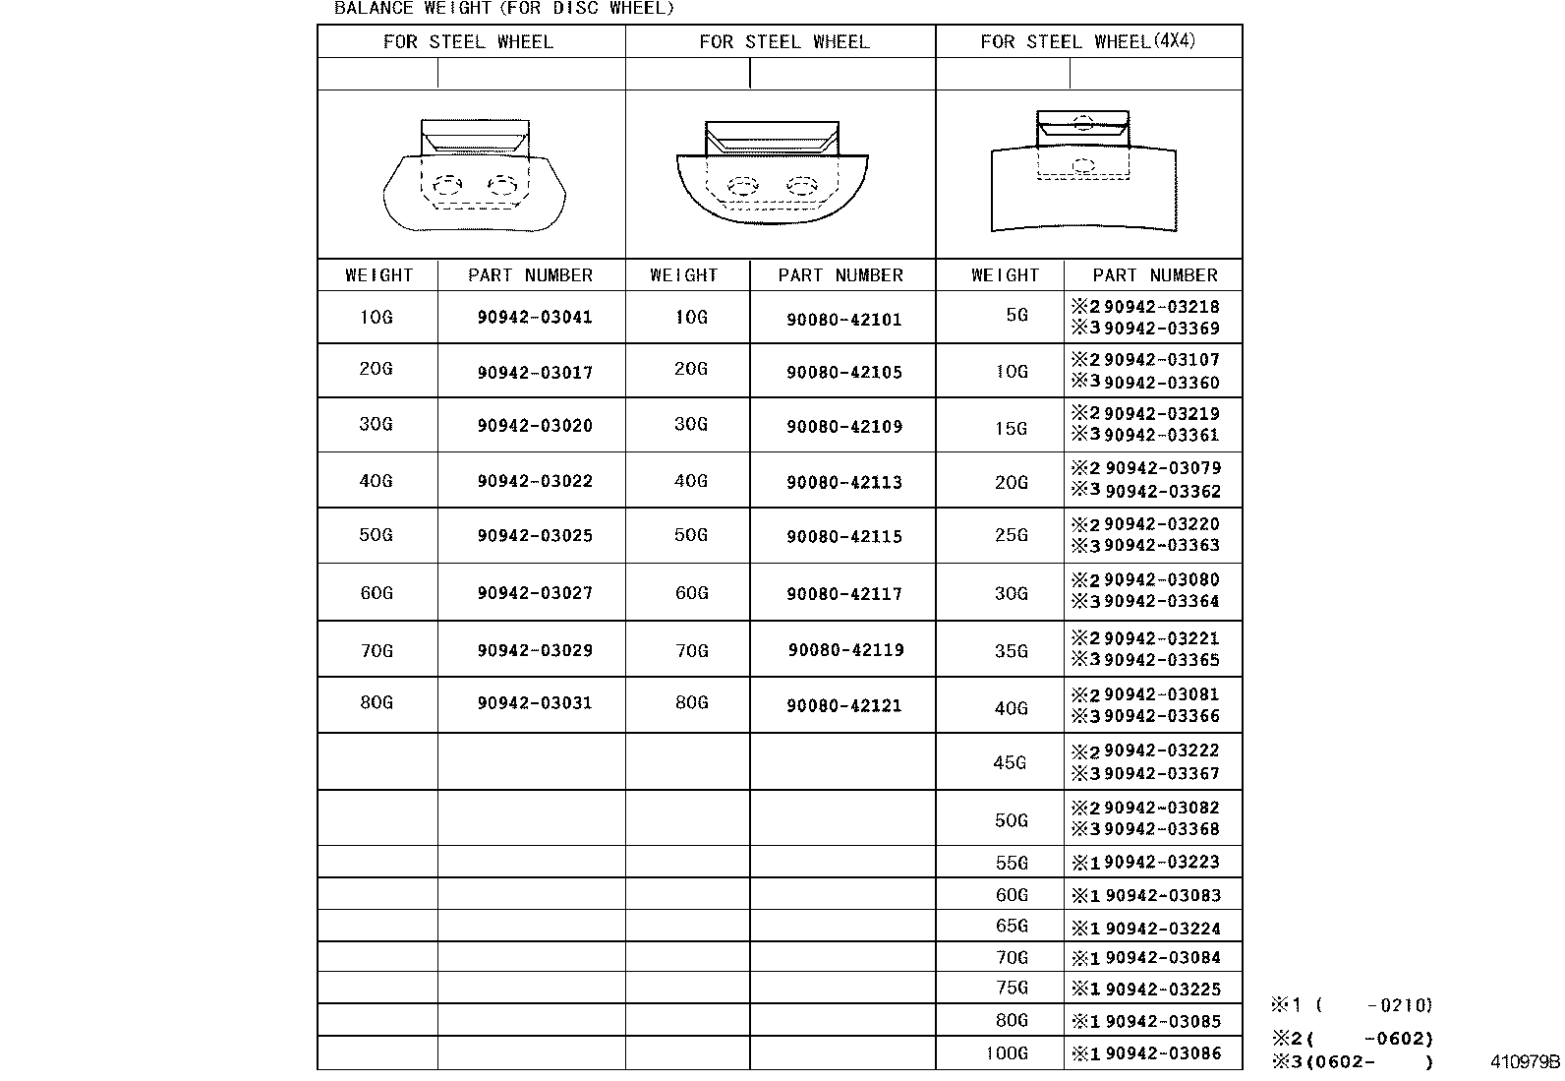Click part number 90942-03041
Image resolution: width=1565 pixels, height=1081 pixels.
535,318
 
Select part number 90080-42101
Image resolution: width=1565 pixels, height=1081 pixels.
843,320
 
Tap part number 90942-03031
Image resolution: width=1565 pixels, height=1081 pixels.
535,703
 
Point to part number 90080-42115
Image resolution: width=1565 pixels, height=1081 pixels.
843,537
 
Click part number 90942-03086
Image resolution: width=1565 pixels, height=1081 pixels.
1162,1053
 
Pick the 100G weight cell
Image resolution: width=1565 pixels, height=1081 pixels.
1007,1053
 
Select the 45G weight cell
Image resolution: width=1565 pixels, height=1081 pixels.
1011,762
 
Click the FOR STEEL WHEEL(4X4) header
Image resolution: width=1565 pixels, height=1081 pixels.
1088,41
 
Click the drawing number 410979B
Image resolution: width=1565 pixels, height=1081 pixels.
1525,1062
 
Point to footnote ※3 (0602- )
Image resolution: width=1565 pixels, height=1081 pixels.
1353,1062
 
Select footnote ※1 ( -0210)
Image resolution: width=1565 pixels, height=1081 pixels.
1353,1005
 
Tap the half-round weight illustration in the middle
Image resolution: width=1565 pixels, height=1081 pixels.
773,174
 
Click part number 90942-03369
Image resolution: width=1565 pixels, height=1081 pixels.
1162,329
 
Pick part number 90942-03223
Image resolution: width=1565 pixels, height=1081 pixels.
1162,863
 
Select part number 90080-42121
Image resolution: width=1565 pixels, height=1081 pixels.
843,705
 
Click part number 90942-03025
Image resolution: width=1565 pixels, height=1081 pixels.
535,536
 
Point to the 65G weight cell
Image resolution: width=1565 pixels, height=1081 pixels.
1012,927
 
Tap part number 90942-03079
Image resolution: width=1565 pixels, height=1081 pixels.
1162,468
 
